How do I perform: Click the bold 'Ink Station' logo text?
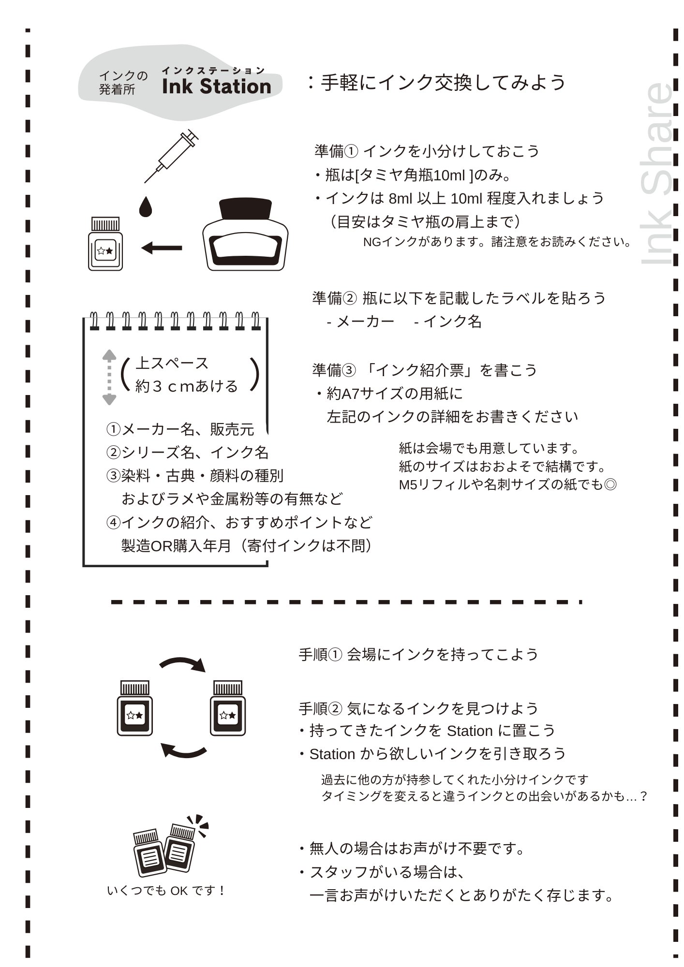pyautogui.click(x=216, y=87)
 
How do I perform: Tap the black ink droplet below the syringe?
pyautogui.click(x=145, y=207)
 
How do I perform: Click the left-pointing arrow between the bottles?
pyautogui.click(x=162, y=248)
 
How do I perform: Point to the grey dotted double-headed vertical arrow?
pyautogui.click(x=109, y=377)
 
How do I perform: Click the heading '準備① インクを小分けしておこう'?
pyautogui.click(x=427, y=151)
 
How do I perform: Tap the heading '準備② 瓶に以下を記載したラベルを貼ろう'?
pyautogui.click(x=459, y=298)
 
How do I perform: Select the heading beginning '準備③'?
pyautogui.click(x=424, y=370)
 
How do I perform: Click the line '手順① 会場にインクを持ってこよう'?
pyautogui.click(x=418, y=654)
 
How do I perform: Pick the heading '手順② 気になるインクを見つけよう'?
pyautogui.click(x=418, y=708)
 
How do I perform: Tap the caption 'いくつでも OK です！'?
pyautogui.click(x=166, y=890)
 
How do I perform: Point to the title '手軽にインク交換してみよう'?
pyautogui.click(x=442, y=82)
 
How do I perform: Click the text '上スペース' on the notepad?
pyautogui.click(x=171, y=363)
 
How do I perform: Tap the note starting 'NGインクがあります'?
pyautogui.click(x=498, y=242)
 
